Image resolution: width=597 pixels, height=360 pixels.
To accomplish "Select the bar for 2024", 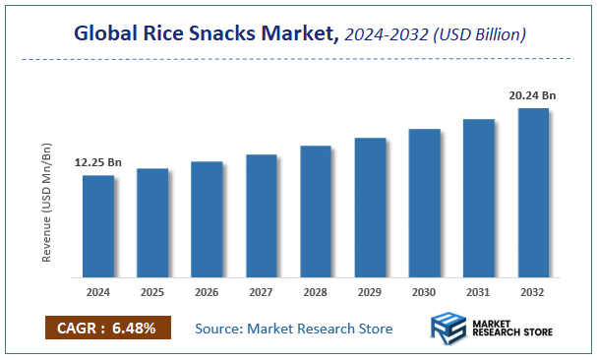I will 97,226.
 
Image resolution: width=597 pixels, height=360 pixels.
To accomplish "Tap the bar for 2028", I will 315,210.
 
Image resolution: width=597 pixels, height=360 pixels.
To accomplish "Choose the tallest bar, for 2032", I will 532,192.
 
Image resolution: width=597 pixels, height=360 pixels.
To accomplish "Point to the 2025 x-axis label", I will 152,292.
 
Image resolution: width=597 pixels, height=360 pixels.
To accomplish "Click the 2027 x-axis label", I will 261,292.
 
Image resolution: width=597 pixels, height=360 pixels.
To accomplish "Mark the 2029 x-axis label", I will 370,292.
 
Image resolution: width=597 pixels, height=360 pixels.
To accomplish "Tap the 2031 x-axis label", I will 478,292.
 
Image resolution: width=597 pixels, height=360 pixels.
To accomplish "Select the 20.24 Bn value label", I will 533,95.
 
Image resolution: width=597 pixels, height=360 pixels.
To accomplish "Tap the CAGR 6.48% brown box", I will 108,328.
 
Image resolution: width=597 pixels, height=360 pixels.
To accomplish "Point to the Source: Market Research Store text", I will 293,329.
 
